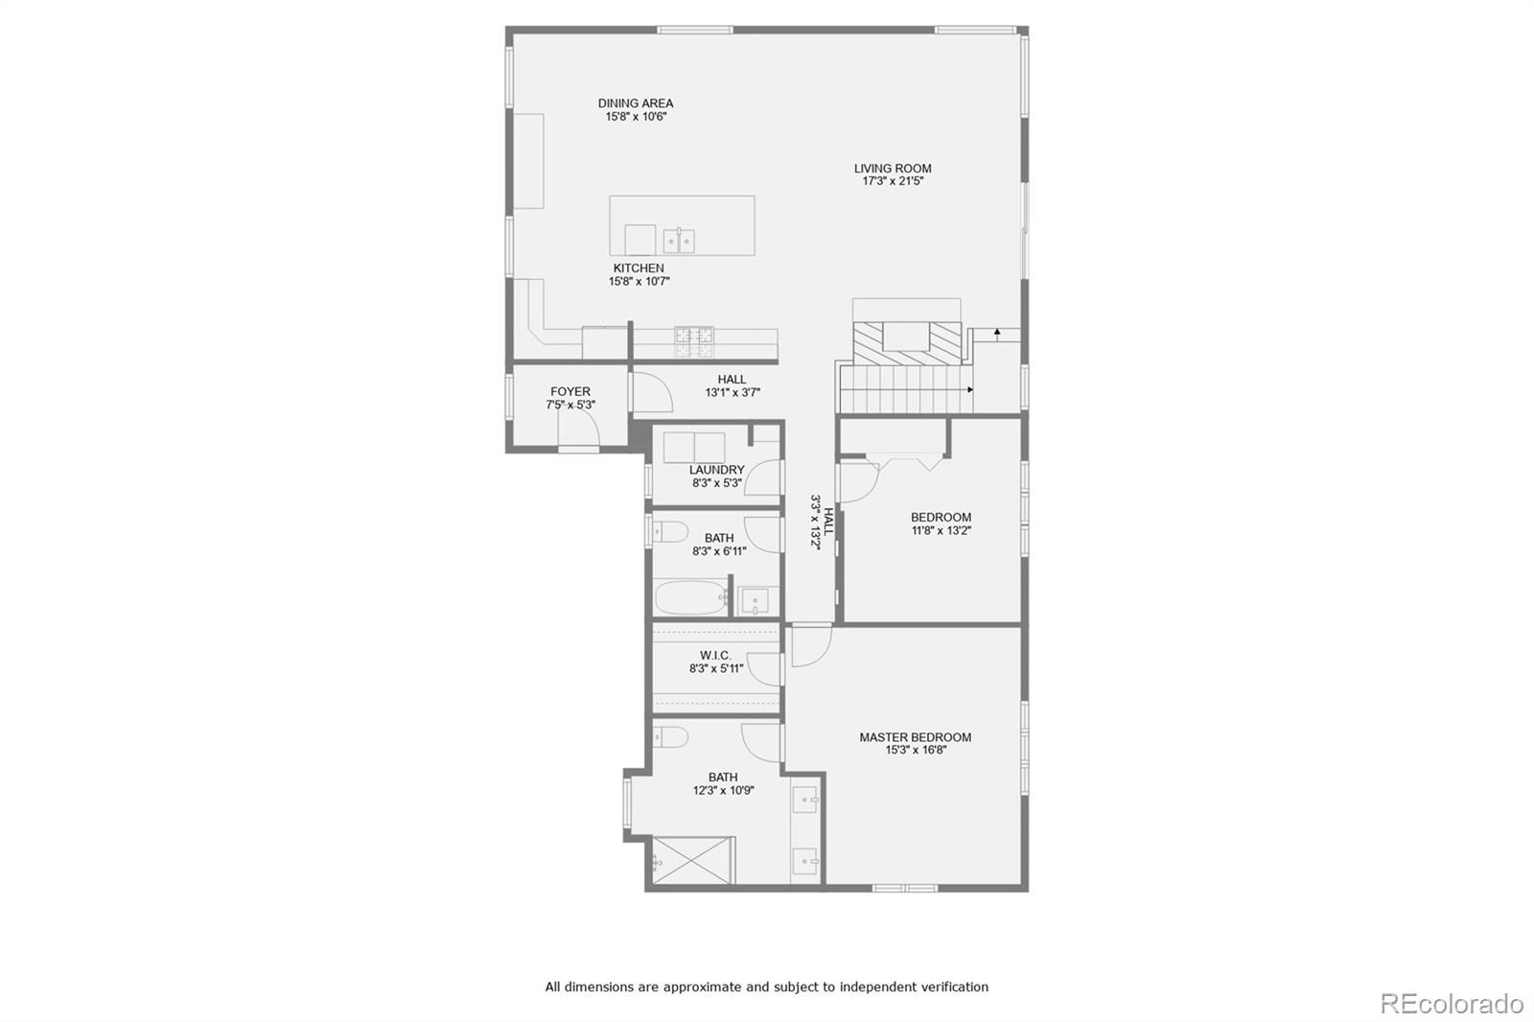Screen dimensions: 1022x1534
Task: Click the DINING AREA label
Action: pyautogui.click(x=636, y=104)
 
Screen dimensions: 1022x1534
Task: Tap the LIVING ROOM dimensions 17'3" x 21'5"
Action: pyautogui.click(x=893, y=181)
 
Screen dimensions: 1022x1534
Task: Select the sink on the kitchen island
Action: pyautogui.click(x=680, y=240)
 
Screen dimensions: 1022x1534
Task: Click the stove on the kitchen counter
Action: pyautogui.click(x=694, y=336)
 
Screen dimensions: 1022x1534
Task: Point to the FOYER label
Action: pyautogui.click(x=570, y=391)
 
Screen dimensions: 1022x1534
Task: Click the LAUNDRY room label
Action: pyautogui.click(x=716, y=470)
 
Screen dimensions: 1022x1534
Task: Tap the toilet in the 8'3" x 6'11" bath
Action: pyautogui.click(x=669, y=532)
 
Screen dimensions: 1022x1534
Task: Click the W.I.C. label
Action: pyautogui.click(x=715, y=656)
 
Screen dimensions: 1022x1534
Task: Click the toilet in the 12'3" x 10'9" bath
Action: pyautogui.click(x=670, y=736)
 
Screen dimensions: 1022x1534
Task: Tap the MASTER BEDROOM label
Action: pyautogui.click(x=915, y=737)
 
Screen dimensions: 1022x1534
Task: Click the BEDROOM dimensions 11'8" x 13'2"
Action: pyautogui.click(x=941, y=530)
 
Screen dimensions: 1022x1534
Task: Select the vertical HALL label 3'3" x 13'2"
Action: pyautogui.click(x=816, y=522)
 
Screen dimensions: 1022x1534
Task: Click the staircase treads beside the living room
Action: pyautogui.click(x=906, y=388)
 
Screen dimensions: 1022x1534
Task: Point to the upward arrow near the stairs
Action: pyautogui.click(x=997, y=334)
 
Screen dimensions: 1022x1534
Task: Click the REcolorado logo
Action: pyautogui.click(x=1451, y=1004)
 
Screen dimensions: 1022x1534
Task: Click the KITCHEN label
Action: pyautogui.click(x=639, y=268)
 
